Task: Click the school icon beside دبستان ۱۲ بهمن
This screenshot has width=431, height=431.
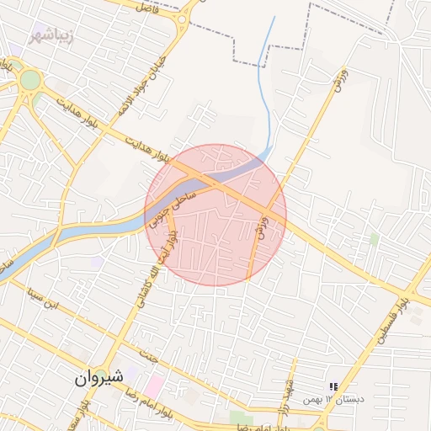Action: pos(333,386)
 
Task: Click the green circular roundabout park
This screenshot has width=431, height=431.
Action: pos(31,80)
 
